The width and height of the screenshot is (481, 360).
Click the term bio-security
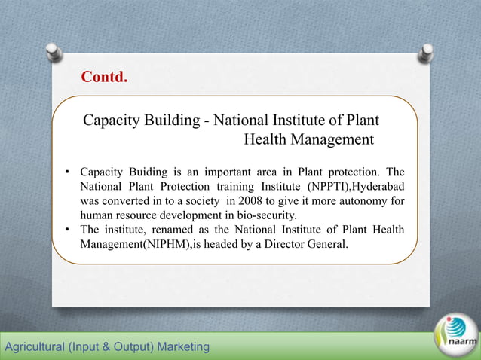pyautogui.click(x=268, y=215)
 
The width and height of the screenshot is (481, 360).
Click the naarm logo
pyautogui.click(x=456, y=335)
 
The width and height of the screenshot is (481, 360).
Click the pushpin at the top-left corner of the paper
pyautogui.click(x=54, y=50)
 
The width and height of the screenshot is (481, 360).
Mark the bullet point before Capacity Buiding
pyautogui.click(x=68, y=172)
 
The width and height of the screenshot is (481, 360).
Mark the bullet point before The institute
pyautogui.click(x=68, y=230)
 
